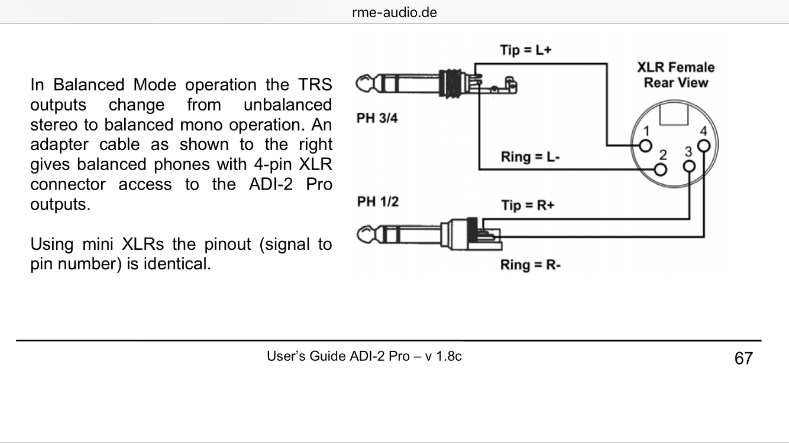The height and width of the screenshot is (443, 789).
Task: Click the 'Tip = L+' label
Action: [x=526, y=50]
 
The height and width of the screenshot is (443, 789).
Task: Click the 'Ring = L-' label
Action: [x=530, y=157]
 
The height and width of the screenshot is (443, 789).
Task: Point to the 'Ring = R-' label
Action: [x=530, y=265]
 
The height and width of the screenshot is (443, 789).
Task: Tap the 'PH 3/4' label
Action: [x=377, y=118]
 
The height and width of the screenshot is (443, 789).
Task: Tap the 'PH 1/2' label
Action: [x=377, y=202]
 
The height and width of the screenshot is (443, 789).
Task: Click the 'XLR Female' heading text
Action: [x=675, y=67]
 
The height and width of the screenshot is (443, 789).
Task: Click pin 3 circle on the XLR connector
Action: [x=689, y=166]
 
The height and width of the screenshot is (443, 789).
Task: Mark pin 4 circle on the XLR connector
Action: [x=703, y=145]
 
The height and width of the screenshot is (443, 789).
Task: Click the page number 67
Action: [x=743, y=358]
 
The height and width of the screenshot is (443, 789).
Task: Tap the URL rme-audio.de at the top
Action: [x=394, y=12]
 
